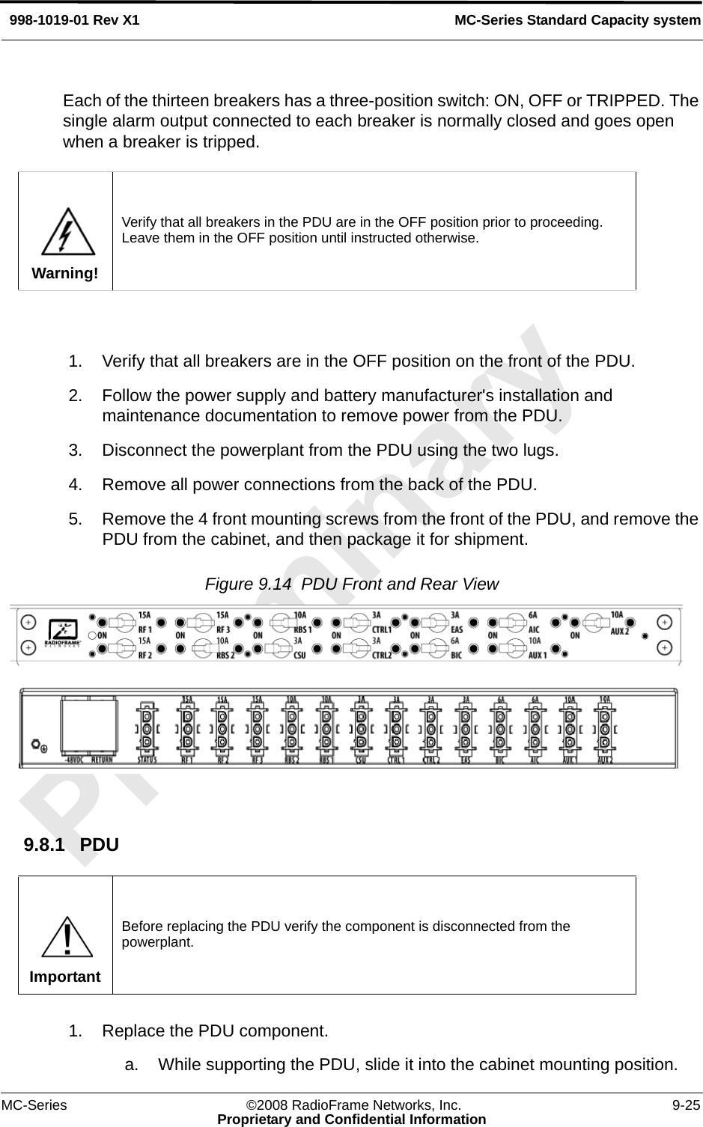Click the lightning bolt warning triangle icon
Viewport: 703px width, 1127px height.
tap(67, 232)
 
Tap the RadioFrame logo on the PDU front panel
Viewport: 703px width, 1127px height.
tap(64, 633)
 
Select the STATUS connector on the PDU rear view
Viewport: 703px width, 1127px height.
tap(147, 727)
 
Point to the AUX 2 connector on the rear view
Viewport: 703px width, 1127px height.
tap(605, 727)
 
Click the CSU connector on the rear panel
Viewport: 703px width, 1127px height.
tap(361, 727)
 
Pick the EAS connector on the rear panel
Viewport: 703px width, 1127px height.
tap(466, 727)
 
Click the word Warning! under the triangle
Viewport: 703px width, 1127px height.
tap(65, 273)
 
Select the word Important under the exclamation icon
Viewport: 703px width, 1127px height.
tap(65, 977)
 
